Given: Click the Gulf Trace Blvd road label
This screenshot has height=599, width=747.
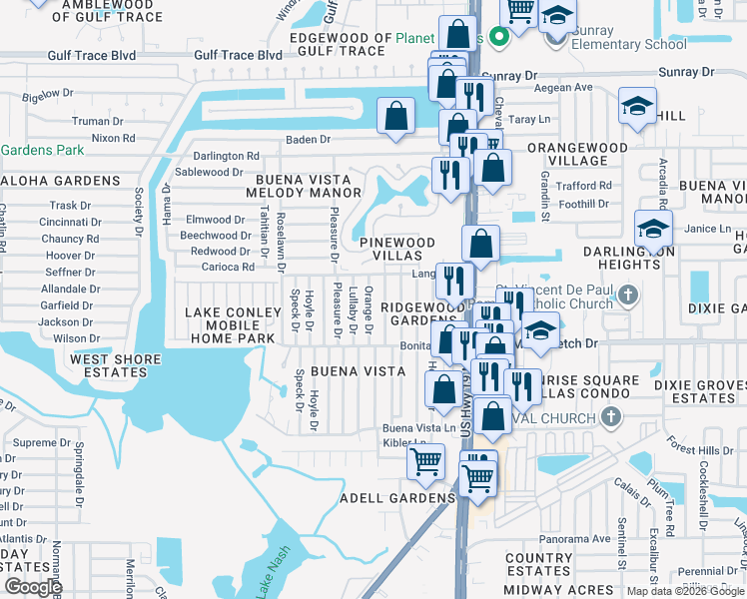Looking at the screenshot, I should (239, 55).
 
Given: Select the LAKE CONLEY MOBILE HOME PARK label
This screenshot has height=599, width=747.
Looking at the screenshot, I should (230, 325).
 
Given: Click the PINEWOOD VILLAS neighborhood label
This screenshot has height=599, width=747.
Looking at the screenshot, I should (397, 249).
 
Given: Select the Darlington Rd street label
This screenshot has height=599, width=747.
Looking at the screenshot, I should (226, 156).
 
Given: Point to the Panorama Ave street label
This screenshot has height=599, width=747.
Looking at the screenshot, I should (576, 538).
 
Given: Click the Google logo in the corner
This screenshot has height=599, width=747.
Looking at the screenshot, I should (33, 587).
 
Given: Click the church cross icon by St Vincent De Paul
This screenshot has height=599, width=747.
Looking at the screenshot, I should (627, 295).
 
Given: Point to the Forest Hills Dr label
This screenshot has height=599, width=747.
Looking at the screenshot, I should (702, 450).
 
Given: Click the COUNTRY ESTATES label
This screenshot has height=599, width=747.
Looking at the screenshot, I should (538, 565).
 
